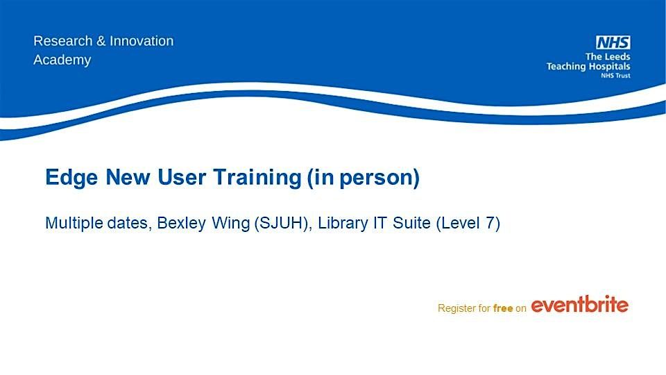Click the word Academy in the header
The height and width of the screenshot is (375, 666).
(62, 60)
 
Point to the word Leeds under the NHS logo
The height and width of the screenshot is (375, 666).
(615, 56)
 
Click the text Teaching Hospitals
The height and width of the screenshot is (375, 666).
(588, 66)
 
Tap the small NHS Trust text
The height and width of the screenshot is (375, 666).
(615, 75)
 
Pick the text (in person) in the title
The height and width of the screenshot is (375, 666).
(364, 178)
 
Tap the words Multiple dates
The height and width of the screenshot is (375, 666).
(98, 224)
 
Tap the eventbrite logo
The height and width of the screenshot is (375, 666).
(579, 305)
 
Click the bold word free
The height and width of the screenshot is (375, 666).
(502, 308)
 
